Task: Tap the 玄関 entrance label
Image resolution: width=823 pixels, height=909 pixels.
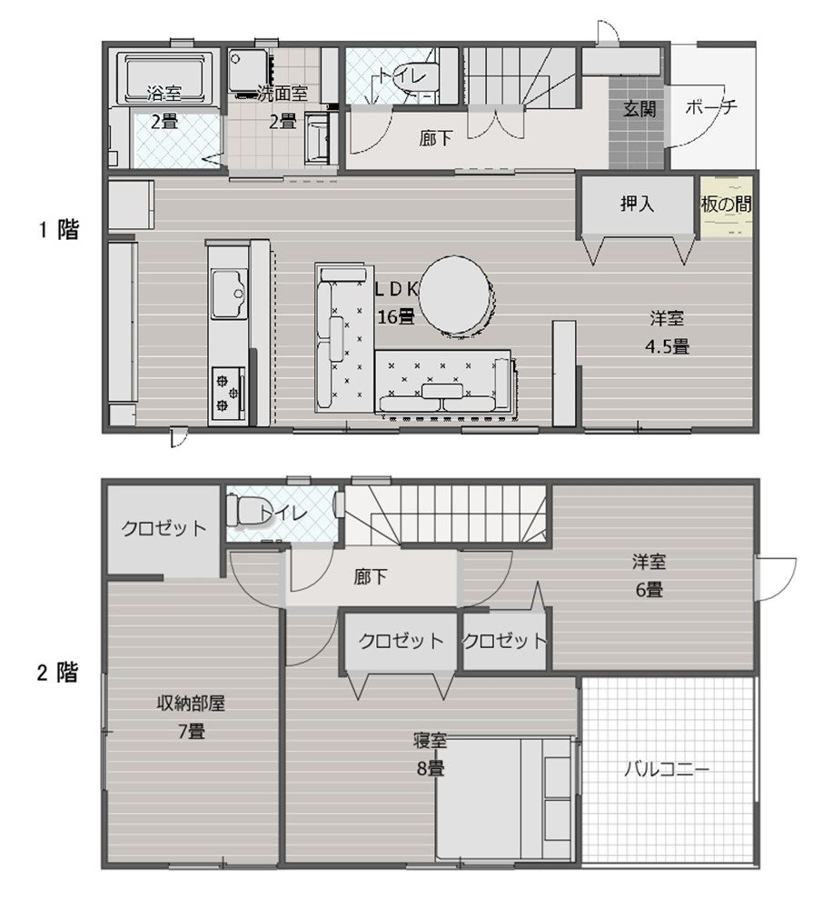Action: tap(640, 109)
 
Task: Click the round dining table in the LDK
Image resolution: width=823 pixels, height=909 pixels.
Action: tap(454, 296)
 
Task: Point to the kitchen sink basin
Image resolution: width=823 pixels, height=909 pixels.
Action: tap(229, 294)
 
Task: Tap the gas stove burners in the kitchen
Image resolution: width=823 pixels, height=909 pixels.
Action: tap(227, 390)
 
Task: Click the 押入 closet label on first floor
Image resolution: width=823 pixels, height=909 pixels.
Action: tap(637, 204)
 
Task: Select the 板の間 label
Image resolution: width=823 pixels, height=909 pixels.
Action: tap(727, 204)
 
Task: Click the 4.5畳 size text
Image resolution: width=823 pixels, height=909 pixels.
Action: tap(667, 346)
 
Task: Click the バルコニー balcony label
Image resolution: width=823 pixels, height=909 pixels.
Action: tap(667, 770)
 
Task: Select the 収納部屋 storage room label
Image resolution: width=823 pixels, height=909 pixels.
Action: tap(191, 704)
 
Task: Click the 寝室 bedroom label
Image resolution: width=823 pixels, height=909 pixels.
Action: tap(430, 740)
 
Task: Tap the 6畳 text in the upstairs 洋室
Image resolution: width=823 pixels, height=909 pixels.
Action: tap(649, 590)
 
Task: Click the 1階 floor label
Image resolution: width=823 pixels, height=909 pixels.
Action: tap(58, 230)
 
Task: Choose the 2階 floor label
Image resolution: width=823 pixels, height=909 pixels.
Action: tap(57, 673)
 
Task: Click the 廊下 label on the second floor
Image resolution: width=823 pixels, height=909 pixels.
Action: tap(370, 577)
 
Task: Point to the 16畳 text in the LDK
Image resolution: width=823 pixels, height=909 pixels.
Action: tap(396, 316)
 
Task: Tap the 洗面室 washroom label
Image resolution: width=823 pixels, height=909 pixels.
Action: tap(283, 94)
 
